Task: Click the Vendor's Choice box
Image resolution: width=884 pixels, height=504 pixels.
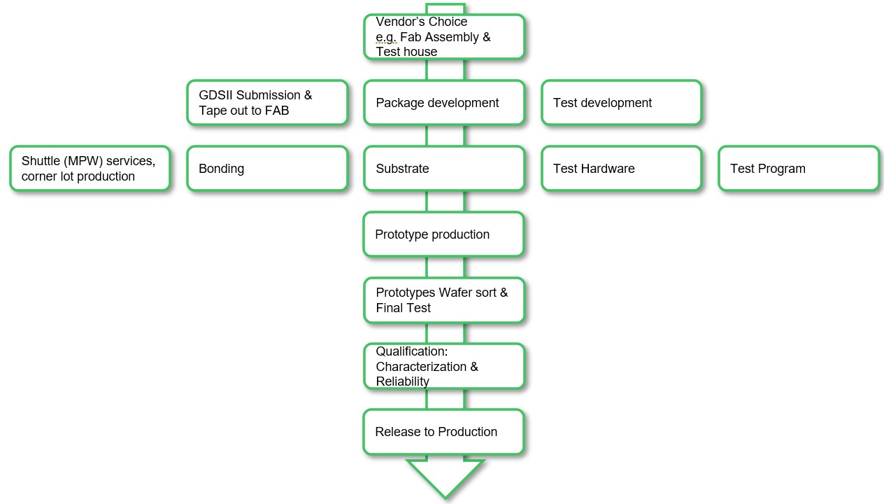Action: click(x=443, y=36)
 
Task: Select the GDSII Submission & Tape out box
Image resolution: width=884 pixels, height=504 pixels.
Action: click(x=267, y=102)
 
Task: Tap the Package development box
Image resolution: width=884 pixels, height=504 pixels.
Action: click(x=443, y=102)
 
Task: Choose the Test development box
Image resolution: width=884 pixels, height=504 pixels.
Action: click(x=621, y=102)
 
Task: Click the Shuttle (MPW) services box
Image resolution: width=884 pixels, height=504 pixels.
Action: click(x=90, y=168)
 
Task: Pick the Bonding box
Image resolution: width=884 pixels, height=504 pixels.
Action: click(x=267, y=168)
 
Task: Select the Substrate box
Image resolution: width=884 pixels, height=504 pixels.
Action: click(x=443, y=168)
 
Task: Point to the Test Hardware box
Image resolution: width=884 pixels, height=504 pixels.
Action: click(x=621, y=168)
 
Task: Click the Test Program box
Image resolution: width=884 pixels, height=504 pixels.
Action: click(x=798, y=168)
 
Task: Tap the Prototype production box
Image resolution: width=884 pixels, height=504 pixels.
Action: click(x=443, y=234)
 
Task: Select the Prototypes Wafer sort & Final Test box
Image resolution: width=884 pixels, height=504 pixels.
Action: click(x=443, y=300)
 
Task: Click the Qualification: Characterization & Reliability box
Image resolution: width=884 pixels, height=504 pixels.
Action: click(x=443, y=366)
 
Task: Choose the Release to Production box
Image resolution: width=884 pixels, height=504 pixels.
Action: click(x=443, y=432)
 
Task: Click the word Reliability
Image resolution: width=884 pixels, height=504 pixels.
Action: click(x=403, y=381)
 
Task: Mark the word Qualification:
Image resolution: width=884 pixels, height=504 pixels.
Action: click(x=412, y=351)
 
